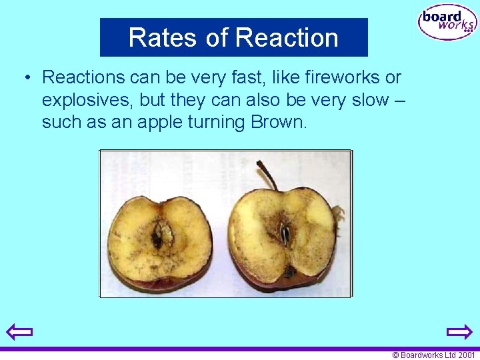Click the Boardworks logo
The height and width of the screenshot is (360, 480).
(x=447, y=23)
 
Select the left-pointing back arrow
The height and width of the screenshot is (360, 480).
(x=19, y=331)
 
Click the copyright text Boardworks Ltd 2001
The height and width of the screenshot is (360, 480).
(x=433, y=355)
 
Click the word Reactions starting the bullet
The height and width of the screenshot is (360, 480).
(x=83, y=77)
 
